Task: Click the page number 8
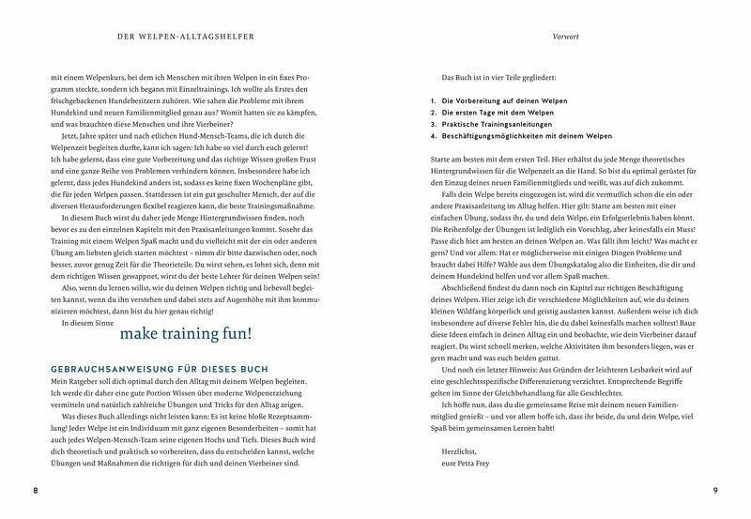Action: pyautogui.click(x=35, y=492)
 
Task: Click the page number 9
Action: pyautogui.click(x=715, y=492)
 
